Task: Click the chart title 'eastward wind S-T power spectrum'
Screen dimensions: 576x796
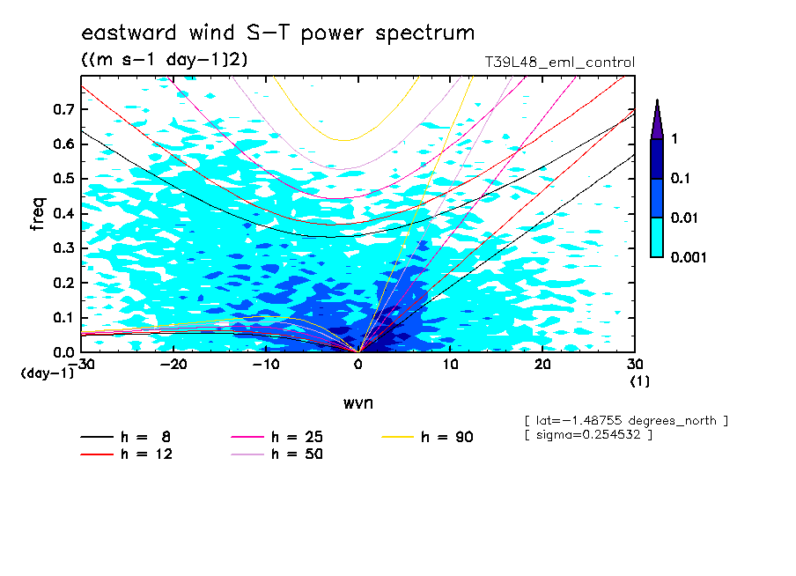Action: click(x=277, y=33)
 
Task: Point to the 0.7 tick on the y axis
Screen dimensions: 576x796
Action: click(x=62, y=109)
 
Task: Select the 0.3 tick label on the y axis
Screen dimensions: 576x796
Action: click(x=62, y=248)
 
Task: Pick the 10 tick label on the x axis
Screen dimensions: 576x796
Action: click(x=450, y=364)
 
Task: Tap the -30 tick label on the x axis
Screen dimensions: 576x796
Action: click(x=81, y=364)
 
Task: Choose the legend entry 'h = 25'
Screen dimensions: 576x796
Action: click(x=298, y=437)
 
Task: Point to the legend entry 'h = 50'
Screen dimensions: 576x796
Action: click(x=298, y=454)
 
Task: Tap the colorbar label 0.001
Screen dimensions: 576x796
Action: click(x=689, y=257)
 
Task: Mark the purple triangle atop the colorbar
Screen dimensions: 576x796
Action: click(x=657, y=120)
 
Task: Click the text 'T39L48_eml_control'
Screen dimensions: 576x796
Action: click(x=560, y=63)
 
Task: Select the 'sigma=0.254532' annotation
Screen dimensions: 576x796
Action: click(x=587, y=436)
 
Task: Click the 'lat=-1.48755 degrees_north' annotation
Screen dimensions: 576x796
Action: click(x=625, y=420)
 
